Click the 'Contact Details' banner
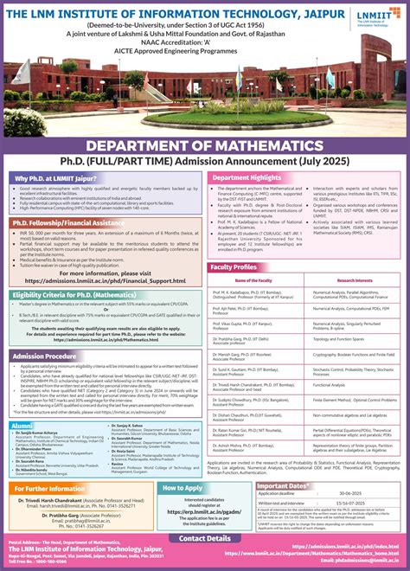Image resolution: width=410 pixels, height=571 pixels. point(205,537)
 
